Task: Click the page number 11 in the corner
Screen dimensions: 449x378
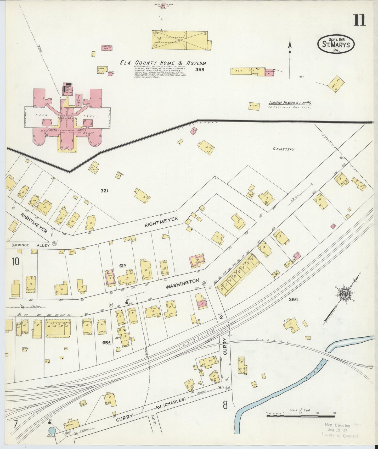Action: [x=360, y=20]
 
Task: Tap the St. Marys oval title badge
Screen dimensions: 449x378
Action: [x=336, y=44]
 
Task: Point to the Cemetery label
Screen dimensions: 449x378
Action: [x=283, y=149]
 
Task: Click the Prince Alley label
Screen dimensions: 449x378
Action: [x=26, y=245]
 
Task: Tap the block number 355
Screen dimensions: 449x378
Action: [x=200, y=70]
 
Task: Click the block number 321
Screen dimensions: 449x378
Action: [x=104, y=191]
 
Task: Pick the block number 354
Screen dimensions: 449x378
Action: [x=293, y=299]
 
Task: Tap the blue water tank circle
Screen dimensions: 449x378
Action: [x=52, y=430]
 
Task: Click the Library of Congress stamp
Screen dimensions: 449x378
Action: [x=340, y=430]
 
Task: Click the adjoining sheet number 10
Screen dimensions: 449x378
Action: [x=15, y=261]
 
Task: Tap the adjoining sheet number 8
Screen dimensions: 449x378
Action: [x=225, y=405]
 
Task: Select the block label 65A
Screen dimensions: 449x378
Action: [x=107, y=342]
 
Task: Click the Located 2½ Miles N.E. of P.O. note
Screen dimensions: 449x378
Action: [x=290, y=103]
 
